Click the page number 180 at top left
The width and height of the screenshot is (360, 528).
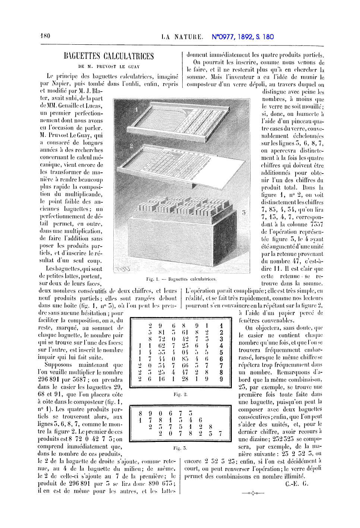[x=45, y=36]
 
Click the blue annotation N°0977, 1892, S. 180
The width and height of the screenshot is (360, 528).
[x=243, y=37]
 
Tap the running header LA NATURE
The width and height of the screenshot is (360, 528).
[x=182, y=37]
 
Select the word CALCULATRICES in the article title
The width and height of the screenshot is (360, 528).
[x=129, y=56]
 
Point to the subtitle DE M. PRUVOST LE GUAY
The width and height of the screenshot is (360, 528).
[x=109, y=67]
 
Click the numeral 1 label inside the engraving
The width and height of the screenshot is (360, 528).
[x=136, y=110]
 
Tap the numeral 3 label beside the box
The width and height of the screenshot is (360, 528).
[x=244, y=212]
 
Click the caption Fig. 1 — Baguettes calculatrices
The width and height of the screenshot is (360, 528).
[x=181, y=279]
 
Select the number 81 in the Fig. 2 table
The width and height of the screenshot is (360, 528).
[x=161, y=332]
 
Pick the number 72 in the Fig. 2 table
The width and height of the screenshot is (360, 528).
[x=161, y=339]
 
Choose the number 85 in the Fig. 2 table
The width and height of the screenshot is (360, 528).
[x=185, y=359]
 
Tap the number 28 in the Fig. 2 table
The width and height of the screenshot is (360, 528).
[x=185, y=379]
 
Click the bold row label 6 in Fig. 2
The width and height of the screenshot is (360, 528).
[x=221, y=359]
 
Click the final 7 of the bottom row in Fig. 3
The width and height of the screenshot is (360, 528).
[x=220, y=433]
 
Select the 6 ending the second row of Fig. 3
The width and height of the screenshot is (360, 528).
[x=200, y=420]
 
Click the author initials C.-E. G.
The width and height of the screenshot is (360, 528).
[x=297, y=484]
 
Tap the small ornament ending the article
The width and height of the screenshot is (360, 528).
[x=253, y=493]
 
